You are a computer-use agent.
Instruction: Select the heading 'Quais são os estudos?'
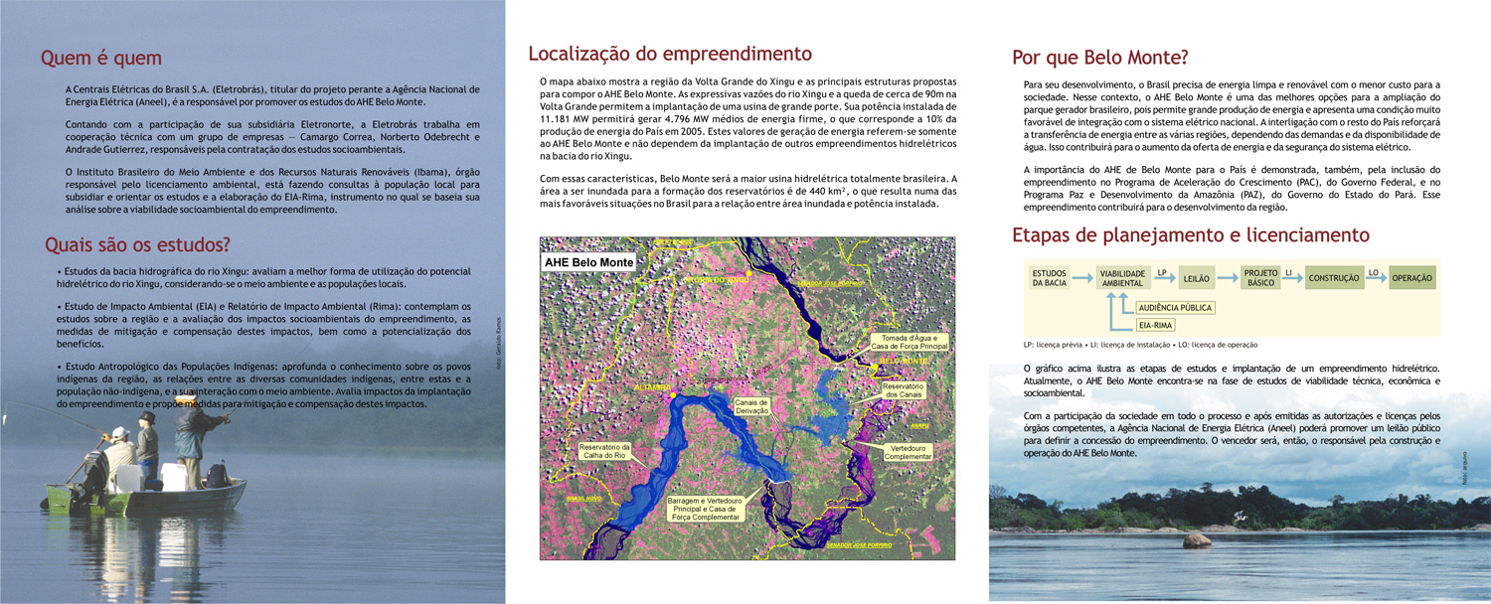[x=137, y=245]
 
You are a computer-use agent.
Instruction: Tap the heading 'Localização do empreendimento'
[x=669, y=54]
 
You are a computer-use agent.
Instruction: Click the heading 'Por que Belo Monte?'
[x=1099, y=58]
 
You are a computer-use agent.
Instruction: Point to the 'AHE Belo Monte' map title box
[x=588, y=262]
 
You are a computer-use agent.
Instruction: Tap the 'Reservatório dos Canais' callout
[x=905, y=390]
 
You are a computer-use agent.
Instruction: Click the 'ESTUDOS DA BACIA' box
[x=1049, y=279]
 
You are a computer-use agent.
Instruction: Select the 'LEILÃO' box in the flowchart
[x=1197, y=280]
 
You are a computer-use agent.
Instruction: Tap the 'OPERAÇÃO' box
[x=1411, y=279]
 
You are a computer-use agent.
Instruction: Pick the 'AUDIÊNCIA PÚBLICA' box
[x=1175, y=308]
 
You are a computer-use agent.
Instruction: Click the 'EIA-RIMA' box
[x=1156, y=325]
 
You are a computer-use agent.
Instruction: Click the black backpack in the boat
[x=216, y=476]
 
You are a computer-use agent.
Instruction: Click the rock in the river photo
[x=1197, y=540]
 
